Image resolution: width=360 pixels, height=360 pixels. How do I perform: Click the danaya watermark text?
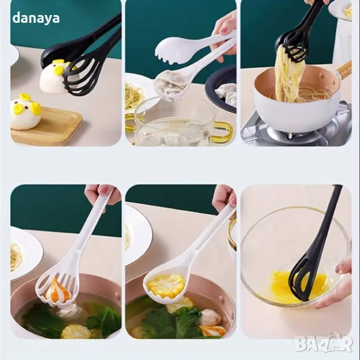pos(36,18)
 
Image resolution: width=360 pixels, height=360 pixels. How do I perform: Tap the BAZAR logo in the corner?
pos(323,343)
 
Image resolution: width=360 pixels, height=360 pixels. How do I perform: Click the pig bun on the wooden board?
pos(25,112)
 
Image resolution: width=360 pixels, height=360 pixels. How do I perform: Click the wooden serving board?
pos(47,126)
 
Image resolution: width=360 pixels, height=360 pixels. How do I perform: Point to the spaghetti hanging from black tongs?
pos(287,73)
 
